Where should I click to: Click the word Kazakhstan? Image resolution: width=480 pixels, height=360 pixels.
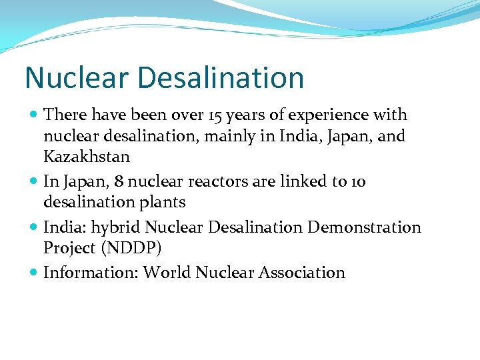[x=87, y=157]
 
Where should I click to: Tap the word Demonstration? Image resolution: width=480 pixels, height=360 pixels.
[x=364, y=228]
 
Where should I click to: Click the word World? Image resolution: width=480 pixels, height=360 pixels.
[x=167, y=273]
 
